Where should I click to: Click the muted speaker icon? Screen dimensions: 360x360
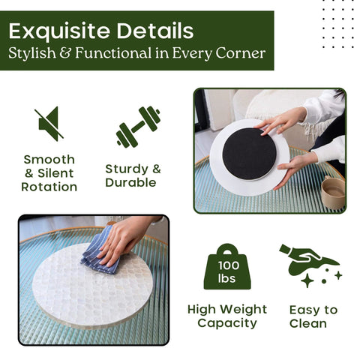click(x=49, y=124)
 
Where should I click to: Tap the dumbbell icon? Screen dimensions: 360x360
click(x=139, y=126)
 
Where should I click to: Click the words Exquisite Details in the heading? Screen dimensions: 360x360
click(x=101, y=31)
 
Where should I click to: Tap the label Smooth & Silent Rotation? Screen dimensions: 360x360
click(x=49, y=172)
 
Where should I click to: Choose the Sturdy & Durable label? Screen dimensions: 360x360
click(x=133, y=175)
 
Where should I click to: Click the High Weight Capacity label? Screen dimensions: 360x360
click(x=227, y=316)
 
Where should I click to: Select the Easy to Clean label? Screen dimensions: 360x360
click(x=313, y=316)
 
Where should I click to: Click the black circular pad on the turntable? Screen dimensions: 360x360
click(x=250, y=152)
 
